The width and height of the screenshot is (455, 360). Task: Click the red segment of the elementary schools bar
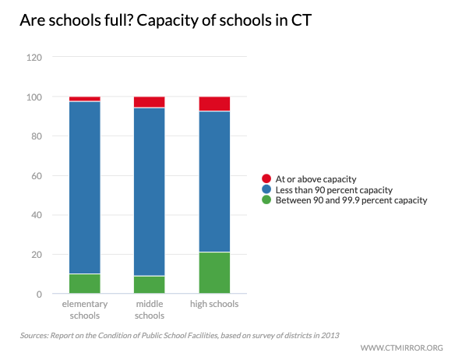[84, 99]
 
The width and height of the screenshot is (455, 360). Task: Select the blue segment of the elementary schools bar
[84, 187]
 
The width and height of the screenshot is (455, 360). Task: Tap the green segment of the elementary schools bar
[84, 284]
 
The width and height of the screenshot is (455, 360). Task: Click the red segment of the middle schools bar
[149, 102]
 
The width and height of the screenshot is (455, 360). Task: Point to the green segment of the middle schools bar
[149, 285]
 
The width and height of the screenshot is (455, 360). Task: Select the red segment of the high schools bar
[214, 104]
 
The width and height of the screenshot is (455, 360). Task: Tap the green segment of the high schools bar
[214, 273]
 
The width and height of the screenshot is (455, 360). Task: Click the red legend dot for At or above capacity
[266, 179]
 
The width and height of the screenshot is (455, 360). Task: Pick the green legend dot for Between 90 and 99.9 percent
[266, 200]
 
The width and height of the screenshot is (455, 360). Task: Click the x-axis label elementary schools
[84, 309]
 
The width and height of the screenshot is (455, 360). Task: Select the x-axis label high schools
[214, 304]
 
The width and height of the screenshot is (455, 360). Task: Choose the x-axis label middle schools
[149, 309]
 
